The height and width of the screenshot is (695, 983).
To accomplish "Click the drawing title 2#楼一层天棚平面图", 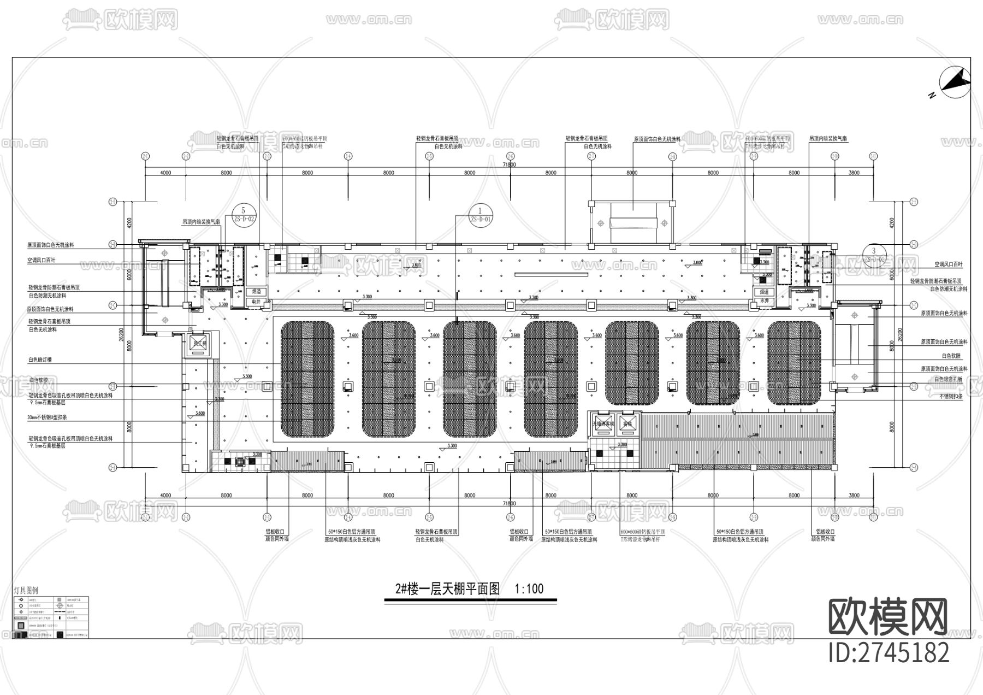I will pyautogui.click(x=448, y=588).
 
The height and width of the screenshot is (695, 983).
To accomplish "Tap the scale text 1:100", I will pyautogui.click(x=529, y=588).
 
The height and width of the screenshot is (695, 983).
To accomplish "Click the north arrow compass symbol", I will pyautogui.click(x=955, y=83).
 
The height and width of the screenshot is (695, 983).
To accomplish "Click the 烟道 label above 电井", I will pyautogui.click(x=256, y=292).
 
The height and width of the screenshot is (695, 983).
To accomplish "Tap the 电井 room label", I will pyautogui.click(x=256, y=301).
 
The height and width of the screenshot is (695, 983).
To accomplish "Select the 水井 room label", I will pyautogui.click(x=764, y=301).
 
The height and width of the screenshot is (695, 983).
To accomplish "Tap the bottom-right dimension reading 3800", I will pyautogui.click(x=854, y=496).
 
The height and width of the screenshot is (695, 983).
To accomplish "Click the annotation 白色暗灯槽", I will pyautogui.click(x=40, y=360).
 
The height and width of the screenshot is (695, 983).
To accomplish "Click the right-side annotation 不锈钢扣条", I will pyautogui.click(x=951, y=396).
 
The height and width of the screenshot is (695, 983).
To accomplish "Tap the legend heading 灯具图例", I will pyautogui.click(x=26, y=591).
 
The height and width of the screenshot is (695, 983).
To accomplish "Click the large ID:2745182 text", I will pyautogui.click(x=889, y=652).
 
